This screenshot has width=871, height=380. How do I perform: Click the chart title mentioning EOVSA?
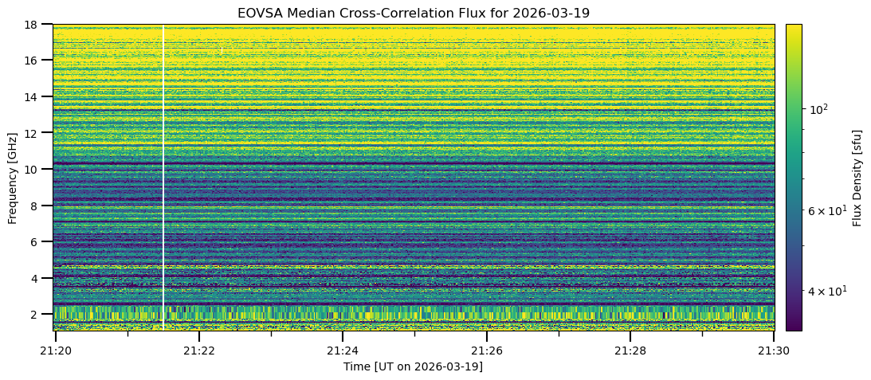(x=413, y=13)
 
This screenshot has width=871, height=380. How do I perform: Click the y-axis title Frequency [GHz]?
(x=13, y=178)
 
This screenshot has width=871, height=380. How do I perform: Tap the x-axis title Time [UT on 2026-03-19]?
(x=413, y=366)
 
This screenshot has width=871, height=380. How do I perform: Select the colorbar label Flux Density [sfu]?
(x=857, y=178)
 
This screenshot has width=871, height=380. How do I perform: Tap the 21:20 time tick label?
(x=55, y=349)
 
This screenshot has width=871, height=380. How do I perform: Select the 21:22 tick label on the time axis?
(x=198, y=349)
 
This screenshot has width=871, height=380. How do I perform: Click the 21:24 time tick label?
(x=343, y=349)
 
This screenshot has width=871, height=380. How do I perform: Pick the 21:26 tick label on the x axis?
(x=486, y=349)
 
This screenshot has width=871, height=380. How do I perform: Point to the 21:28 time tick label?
(x=630, y=349)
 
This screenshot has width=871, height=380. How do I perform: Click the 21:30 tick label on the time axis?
(x=773, y=349)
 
